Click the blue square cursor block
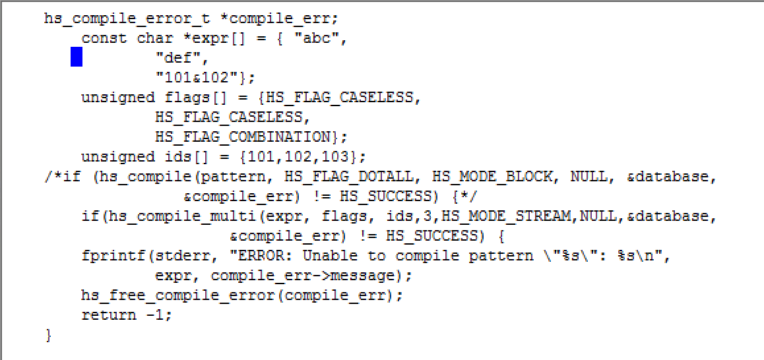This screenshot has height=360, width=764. pyautogui.click(x=77, y=57)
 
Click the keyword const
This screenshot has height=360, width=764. pyautogui.click(x=104, y=38)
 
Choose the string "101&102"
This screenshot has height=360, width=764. pyautogui.click(x=201, y=78)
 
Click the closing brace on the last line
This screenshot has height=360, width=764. pyautogui.click(x=48, y=335)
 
